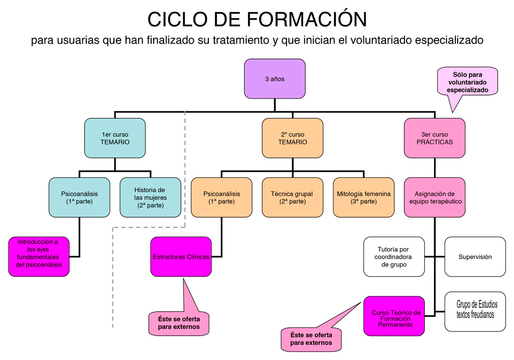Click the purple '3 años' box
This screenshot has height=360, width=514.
point(275,78)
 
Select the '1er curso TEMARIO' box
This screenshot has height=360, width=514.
point(115,138)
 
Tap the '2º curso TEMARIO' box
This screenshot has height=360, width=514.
point(293,138)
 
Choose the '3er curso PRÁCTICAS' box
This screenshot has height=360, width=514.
point(435,138)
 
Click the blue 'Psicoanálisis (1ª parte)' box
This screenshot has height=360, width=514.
point(79,197)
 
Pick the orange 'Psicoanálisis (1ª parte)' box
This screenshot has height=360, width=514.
point(221,197)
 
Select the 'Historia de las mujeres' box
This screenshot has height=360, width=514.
point(150,197)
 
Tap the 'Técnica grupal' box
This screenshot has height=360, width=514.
point(293,197)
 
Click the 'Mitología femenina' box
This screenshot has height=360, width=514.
point(363,197)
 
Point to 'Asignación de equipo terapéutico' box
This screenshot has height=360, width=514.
point(435,197)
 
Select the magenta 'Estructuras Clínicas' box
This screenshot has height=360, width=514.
point(181,257)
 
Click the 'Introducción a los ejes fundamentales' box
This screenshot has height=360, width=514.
point(39,257)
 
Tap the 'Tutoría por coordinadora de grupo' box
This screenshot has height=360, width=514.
point(394,257)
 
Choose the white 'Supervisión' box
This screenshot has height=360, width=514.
point(475,257)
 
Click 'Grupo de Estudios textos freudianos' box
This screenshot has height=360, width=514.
point(475,311)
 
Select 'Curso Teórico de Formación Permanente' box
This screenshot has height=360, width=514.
point(394,316)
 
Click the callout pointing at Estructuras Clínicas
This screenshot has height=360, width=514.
point(179,323)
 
